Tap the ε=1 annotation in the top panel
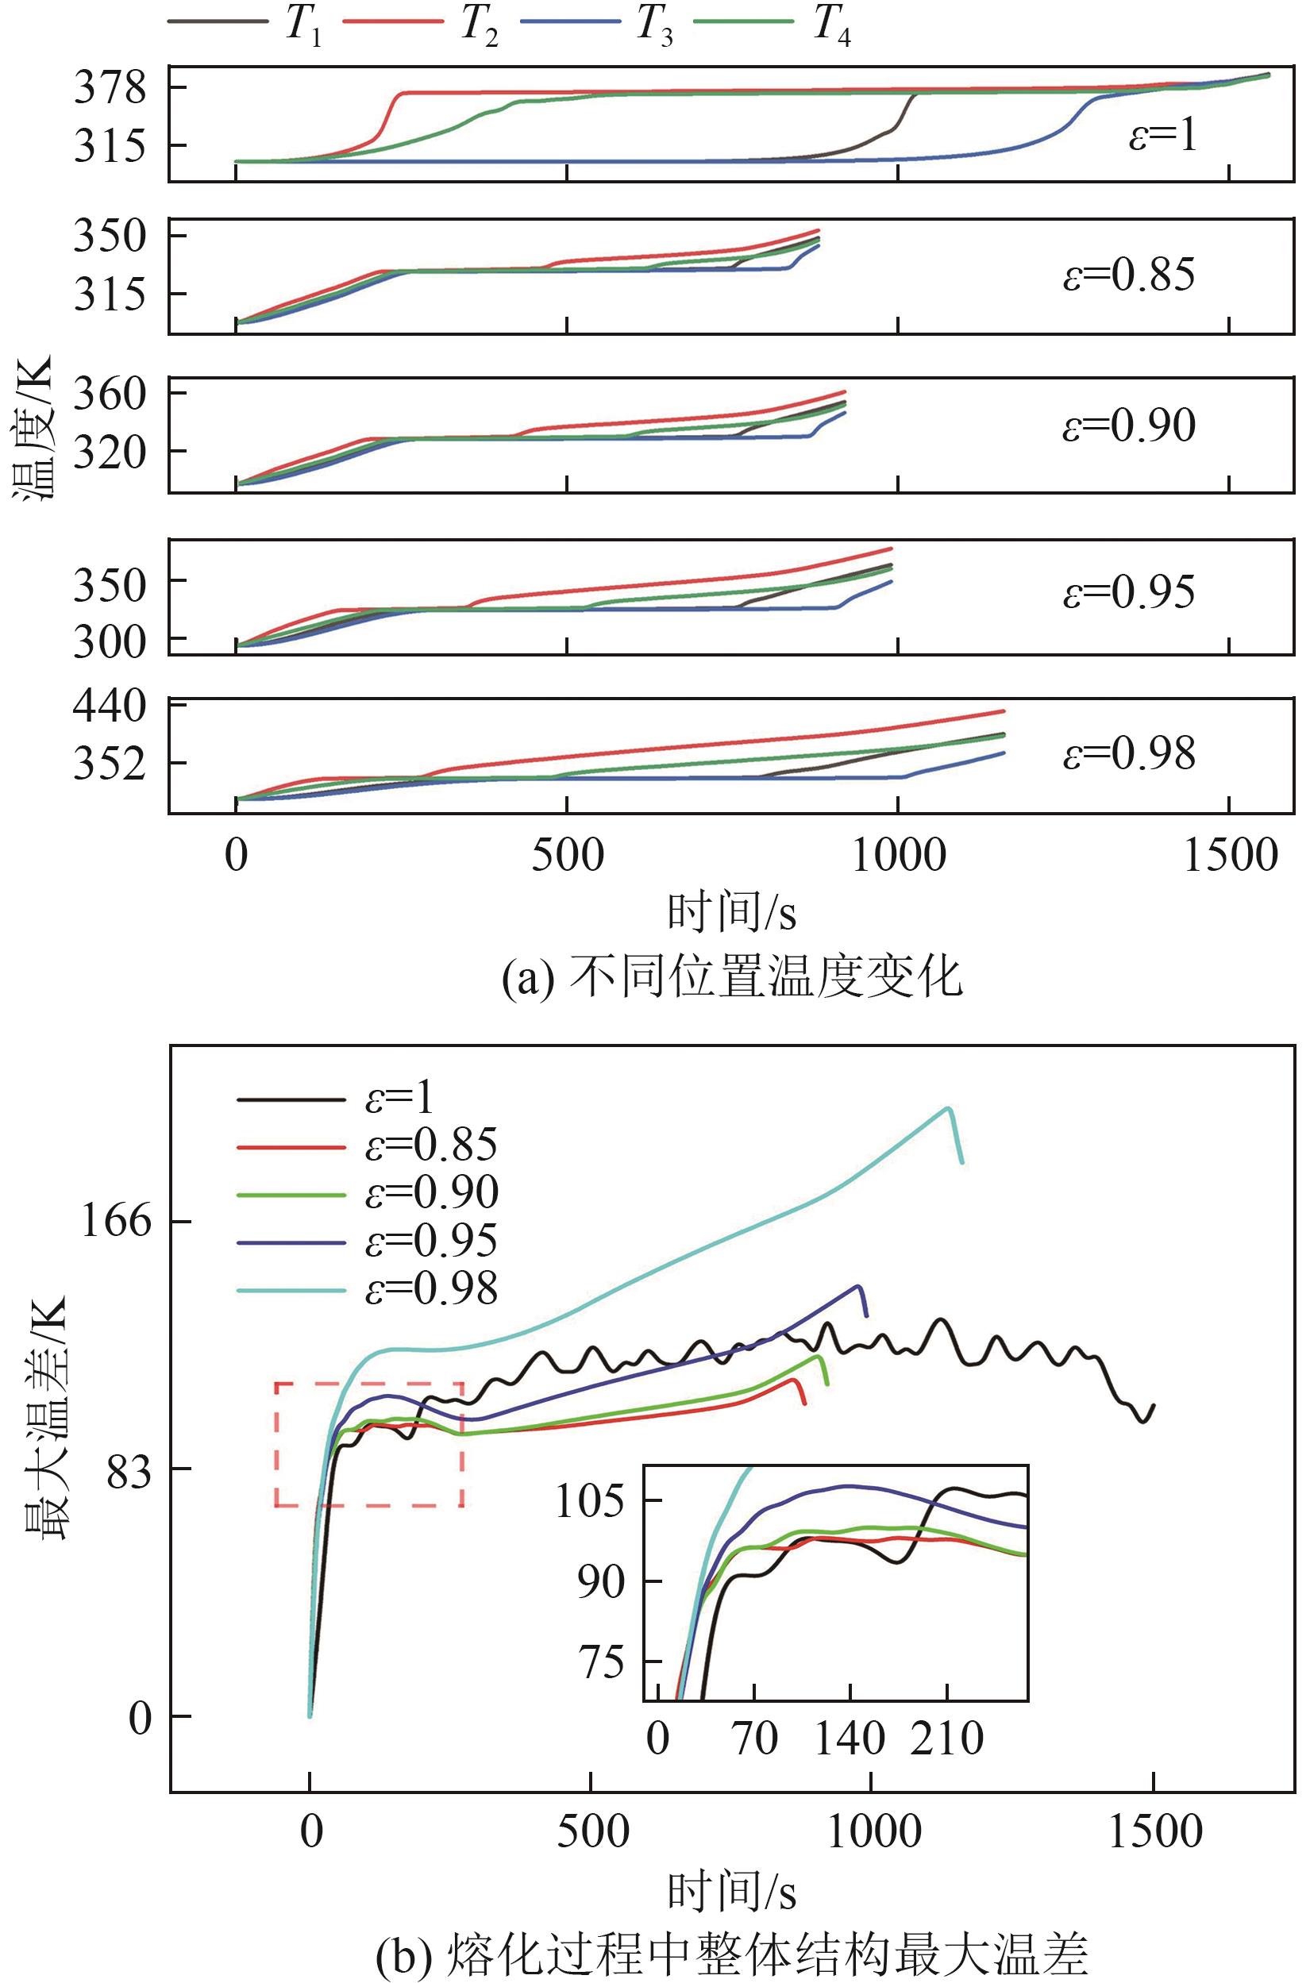pyautogui.click(x=1163, y=134)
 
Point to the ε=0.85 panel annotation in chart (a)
pyautogui.click(x=1129, y=275)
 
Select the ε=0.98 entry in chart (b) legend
pyautogui.click(x=431, y=1289)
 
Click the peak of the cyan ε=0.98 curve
pyautogui.click(x=948, y=1108)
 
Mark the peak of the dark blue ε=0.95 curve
pyautogui.click(x=858, y=1286)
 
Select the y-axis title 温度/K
pyautogui.click(x=33, y=427)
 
